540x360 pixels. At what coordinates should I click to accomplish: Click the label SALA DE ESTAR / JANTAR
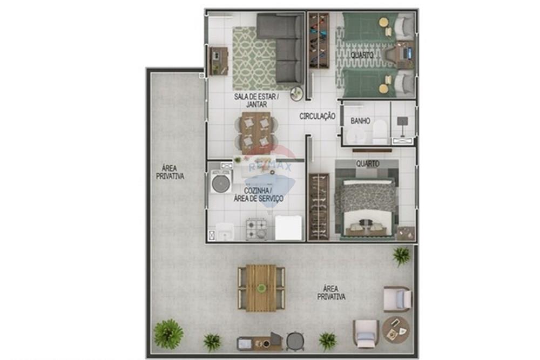pos(256,100)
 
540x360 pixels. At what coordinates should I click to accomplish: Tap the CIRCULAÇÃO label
pos(318,116)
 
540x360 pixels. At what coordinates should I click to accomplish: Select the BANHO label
pos(360,121)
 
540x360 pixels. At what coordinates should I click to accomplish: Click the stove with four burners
pos(256,229)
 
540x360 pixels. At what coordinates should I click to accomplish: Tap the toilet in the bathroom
pos(380,131)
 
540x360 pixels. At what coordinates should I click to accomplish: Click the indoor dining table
pos(256,132)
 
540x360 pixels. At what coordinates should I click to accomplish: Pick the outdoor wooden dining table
pos(261,288)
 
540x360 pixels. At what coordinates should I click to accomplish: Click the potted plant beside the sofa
pos(296,93)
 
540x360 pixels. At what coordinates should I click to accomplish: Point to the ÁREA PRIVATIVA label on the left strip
pos(170,172)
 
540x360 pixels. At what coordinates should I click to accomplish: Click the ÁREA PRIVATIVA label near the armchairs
pos(331,293)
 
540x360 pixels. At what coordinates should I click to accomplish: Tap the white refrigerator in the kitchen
pos(288,227)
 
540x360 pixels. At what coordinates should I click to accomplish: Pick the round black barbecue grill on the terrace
pos(295,341)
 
